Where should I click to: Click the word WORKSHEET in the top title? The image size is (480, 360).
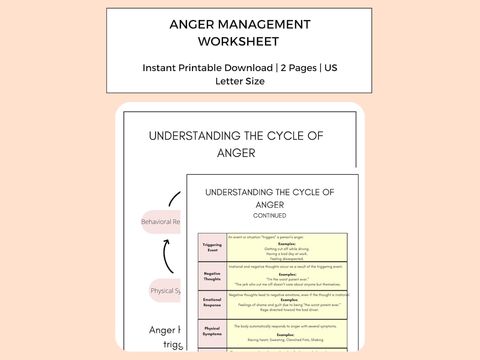click(238, 41)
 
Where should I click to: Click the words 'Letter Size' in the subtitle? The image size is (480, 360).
click(240, 81)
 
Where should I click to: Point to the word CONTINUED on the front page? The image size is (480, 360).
click(269, 216)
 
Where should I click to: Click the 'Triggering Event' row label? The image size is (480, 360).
click(212, 248)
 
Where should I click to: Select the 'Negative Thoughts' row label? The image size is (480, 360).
click(212, 276)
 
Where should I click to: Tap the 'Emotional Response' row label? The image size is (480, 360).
click(212, 302)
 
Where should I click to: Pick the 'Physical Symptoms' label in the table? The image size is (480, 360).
click(212, 331)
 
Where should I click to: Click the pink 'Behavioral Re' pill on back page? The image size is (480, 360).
click(161, 222)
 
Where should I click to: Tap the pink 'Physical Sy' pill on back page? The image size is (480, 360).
click(165, 291)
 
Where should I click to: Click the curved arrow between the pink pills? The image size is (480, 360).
click(167, 256)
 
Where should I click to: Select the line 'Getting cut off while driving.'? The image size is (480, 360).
click(287, 249)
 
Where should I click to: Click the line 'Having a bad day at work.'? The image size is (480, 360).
click(287, 254)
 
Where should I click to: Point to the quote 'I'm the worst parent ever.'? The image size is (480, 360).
click(287, 279)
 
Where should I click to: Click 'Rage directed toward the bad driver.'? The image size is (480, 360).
click(287, 310)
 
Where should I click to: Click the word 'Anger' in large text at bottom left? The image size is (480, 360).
click(162, 330)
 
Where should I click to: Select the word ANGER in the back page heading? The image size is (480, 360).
click(236, 153)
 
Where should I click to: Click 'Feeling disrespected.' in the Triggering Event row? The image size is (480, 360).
click(287, 259)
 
